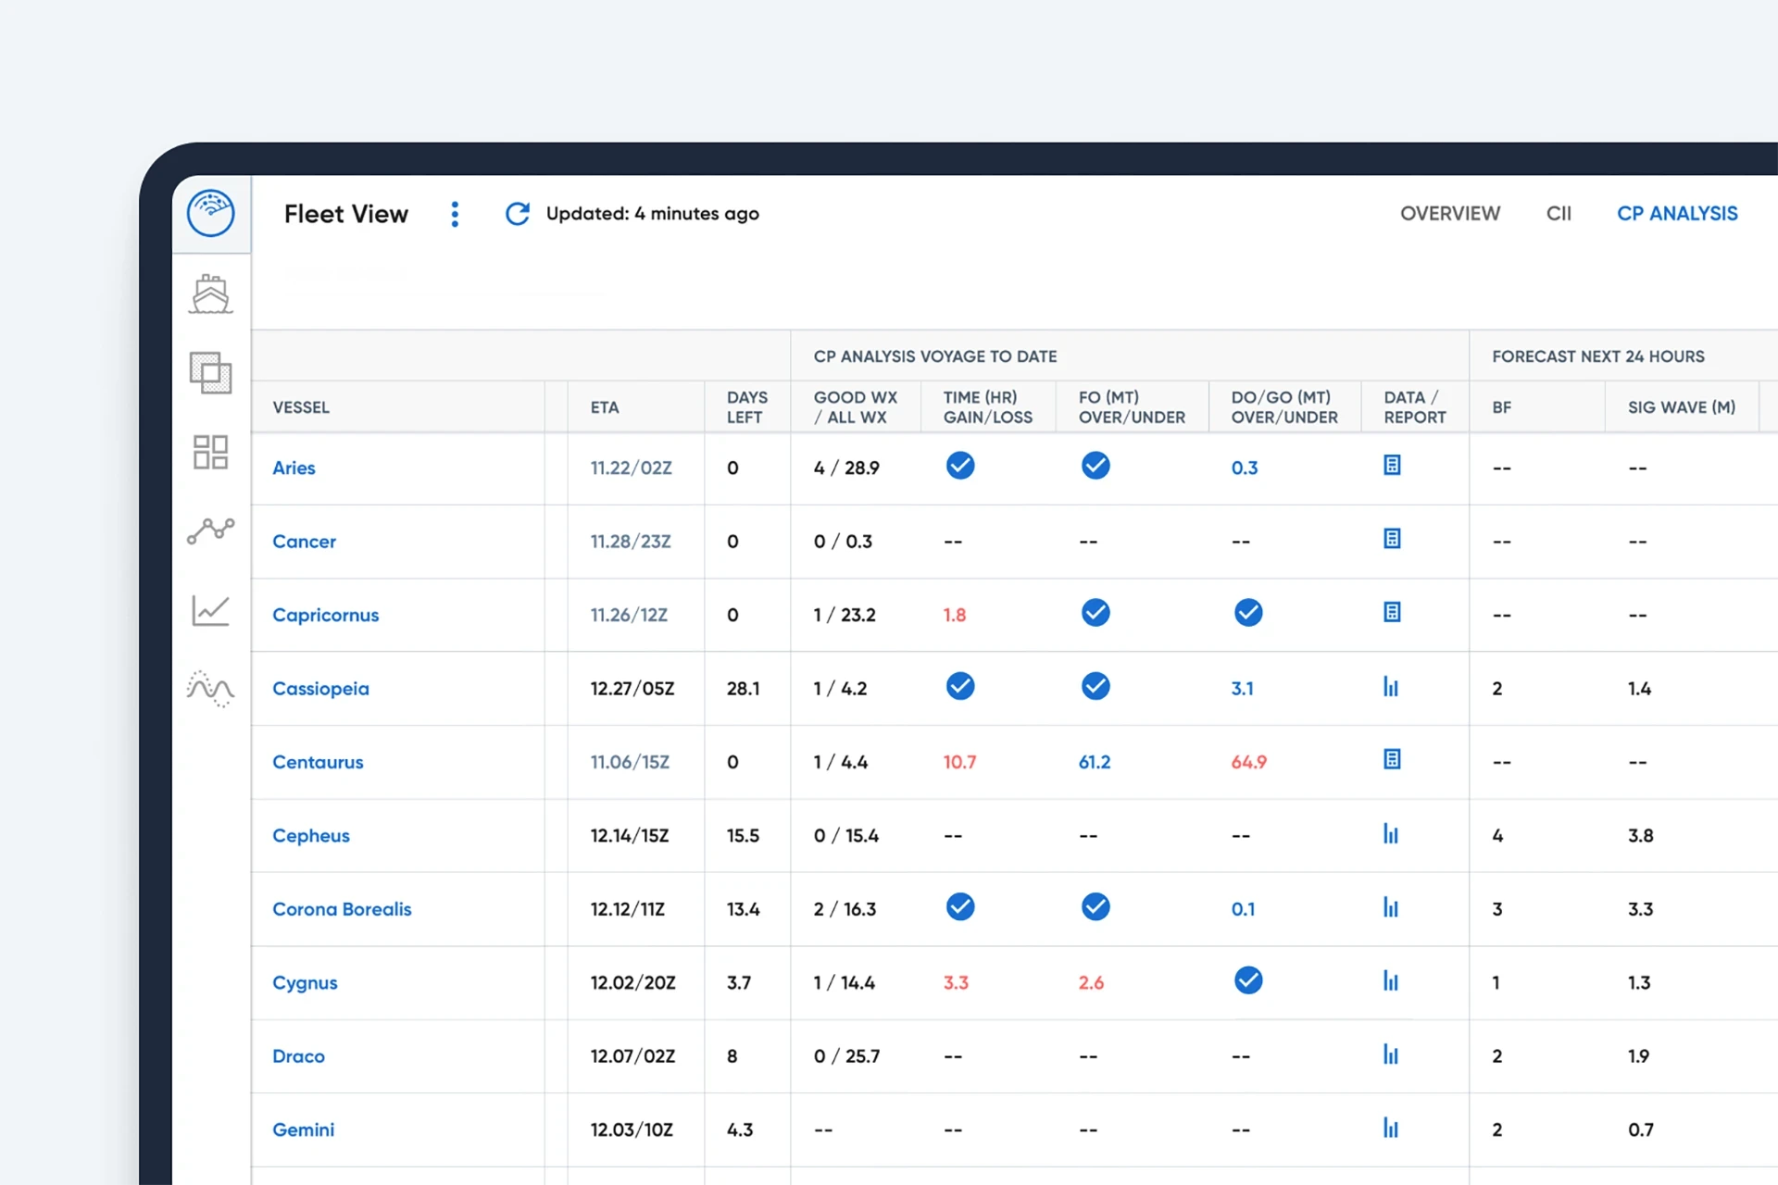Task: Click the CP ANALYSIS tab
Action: click(x=1676, y=214)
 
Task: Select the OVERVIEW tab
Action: click(x=1449, y=214)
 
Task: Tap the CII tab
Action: click(x=1559, y=214)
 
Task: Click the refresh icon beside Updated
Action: click(x=517, y=214)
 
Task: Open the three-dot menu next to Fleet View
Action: click(x=455, y=214)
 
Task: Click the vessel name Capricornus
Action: click(x=325, y=615)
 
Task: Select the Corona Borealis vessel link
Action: click(x=342, y=909)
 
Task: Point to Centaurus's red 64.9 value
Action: click(x=1248, y=762)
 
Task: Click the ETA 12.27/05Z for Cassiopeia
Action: click(x=632, y=689)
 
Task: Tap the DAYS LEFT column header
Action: click(x=746, y=407)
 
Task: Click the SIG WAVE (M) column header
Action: click(x=1681, y=407)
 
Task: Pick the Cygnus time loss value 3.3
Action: click(x=956, y=982)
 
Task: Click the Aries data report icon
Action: click(x=1392, y=466)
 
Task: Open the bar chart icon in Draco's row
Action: click(x=1390, y=1054)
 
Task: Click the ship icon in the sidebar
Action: click(x=211, y=294)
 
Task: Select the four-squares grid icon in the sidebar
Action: click(x=211, y=453)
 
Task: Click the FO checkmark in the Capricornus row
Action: click(x=1096, y=613)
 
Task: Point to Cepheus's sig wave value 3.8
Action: click(x=1640, y=836)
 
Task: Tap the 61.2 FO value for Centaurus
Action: click(x=1094, y=762)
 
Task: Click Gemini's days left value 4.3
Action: click(x=740, y=1129)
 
